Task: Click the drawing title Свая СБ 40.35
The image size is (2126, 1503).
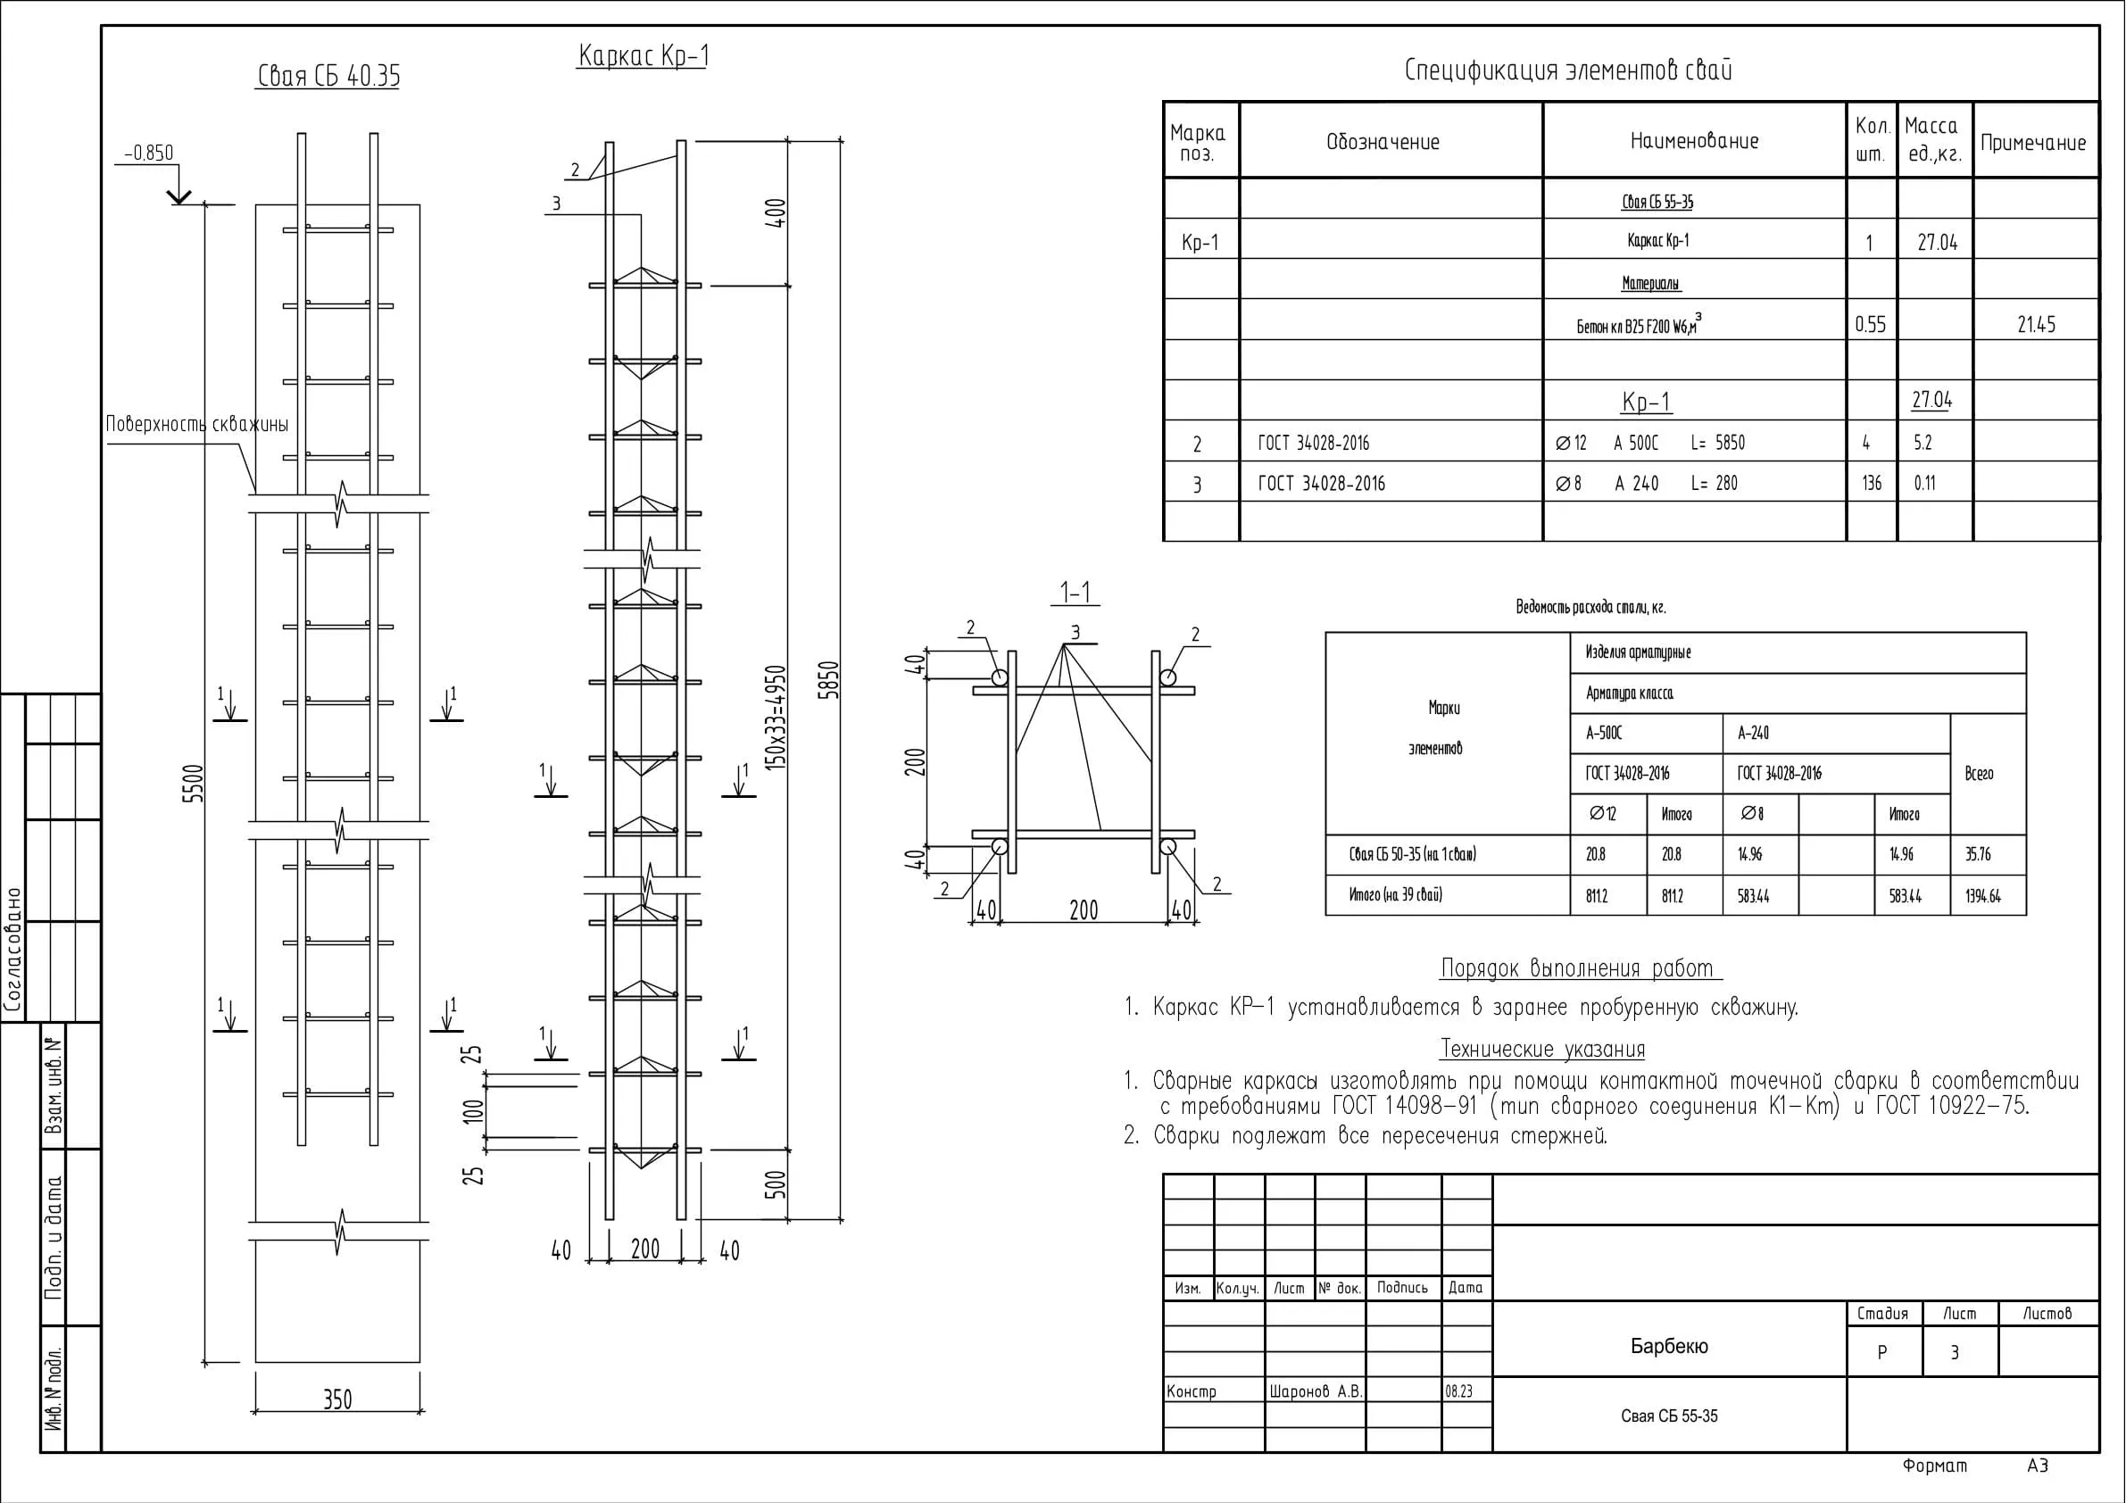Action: tap(328, 76)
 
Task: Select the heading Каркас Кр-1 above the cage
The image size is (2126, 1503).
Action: tap(644, 55)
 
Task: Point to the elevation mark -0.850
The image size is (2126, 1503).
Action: tap(148, 153)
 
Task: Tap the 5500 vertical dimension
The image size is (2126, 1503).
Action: tap(193, 784)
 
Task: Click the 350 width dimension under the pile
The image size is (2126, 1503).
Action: tap(338, 1399)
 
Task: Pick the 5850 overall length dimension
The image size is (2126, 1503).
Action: tap(830, 680)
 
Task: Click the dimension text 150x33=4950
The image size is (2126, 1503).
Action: tap(776, 718)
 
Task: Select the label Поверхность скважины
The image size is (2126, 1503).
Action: tap(197, 424)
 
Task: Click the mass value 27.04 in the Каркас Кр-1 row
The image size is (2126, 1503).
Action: tap(1937, 243)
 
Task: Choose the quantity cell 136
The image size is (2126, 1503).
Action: tap(1872, 484)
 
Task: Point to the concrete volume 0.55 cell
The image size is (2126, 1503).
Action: tap(1871, 324)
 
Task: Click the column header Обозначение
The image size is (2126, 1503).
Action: tap(1383, 142)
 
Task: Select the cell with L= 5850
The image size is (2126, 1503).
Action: tap(1717, 443)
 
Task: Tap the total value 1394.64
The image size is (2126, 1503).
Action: tap(1983, 896)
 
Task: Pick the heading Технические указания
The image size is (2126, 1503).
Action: tap(1542, 1050)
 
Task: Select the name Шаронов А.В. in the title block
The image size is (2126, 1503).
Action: tap(1316, 1391)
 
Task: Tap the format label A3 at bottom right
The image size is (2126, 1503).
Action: tap(2038, 1465)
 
